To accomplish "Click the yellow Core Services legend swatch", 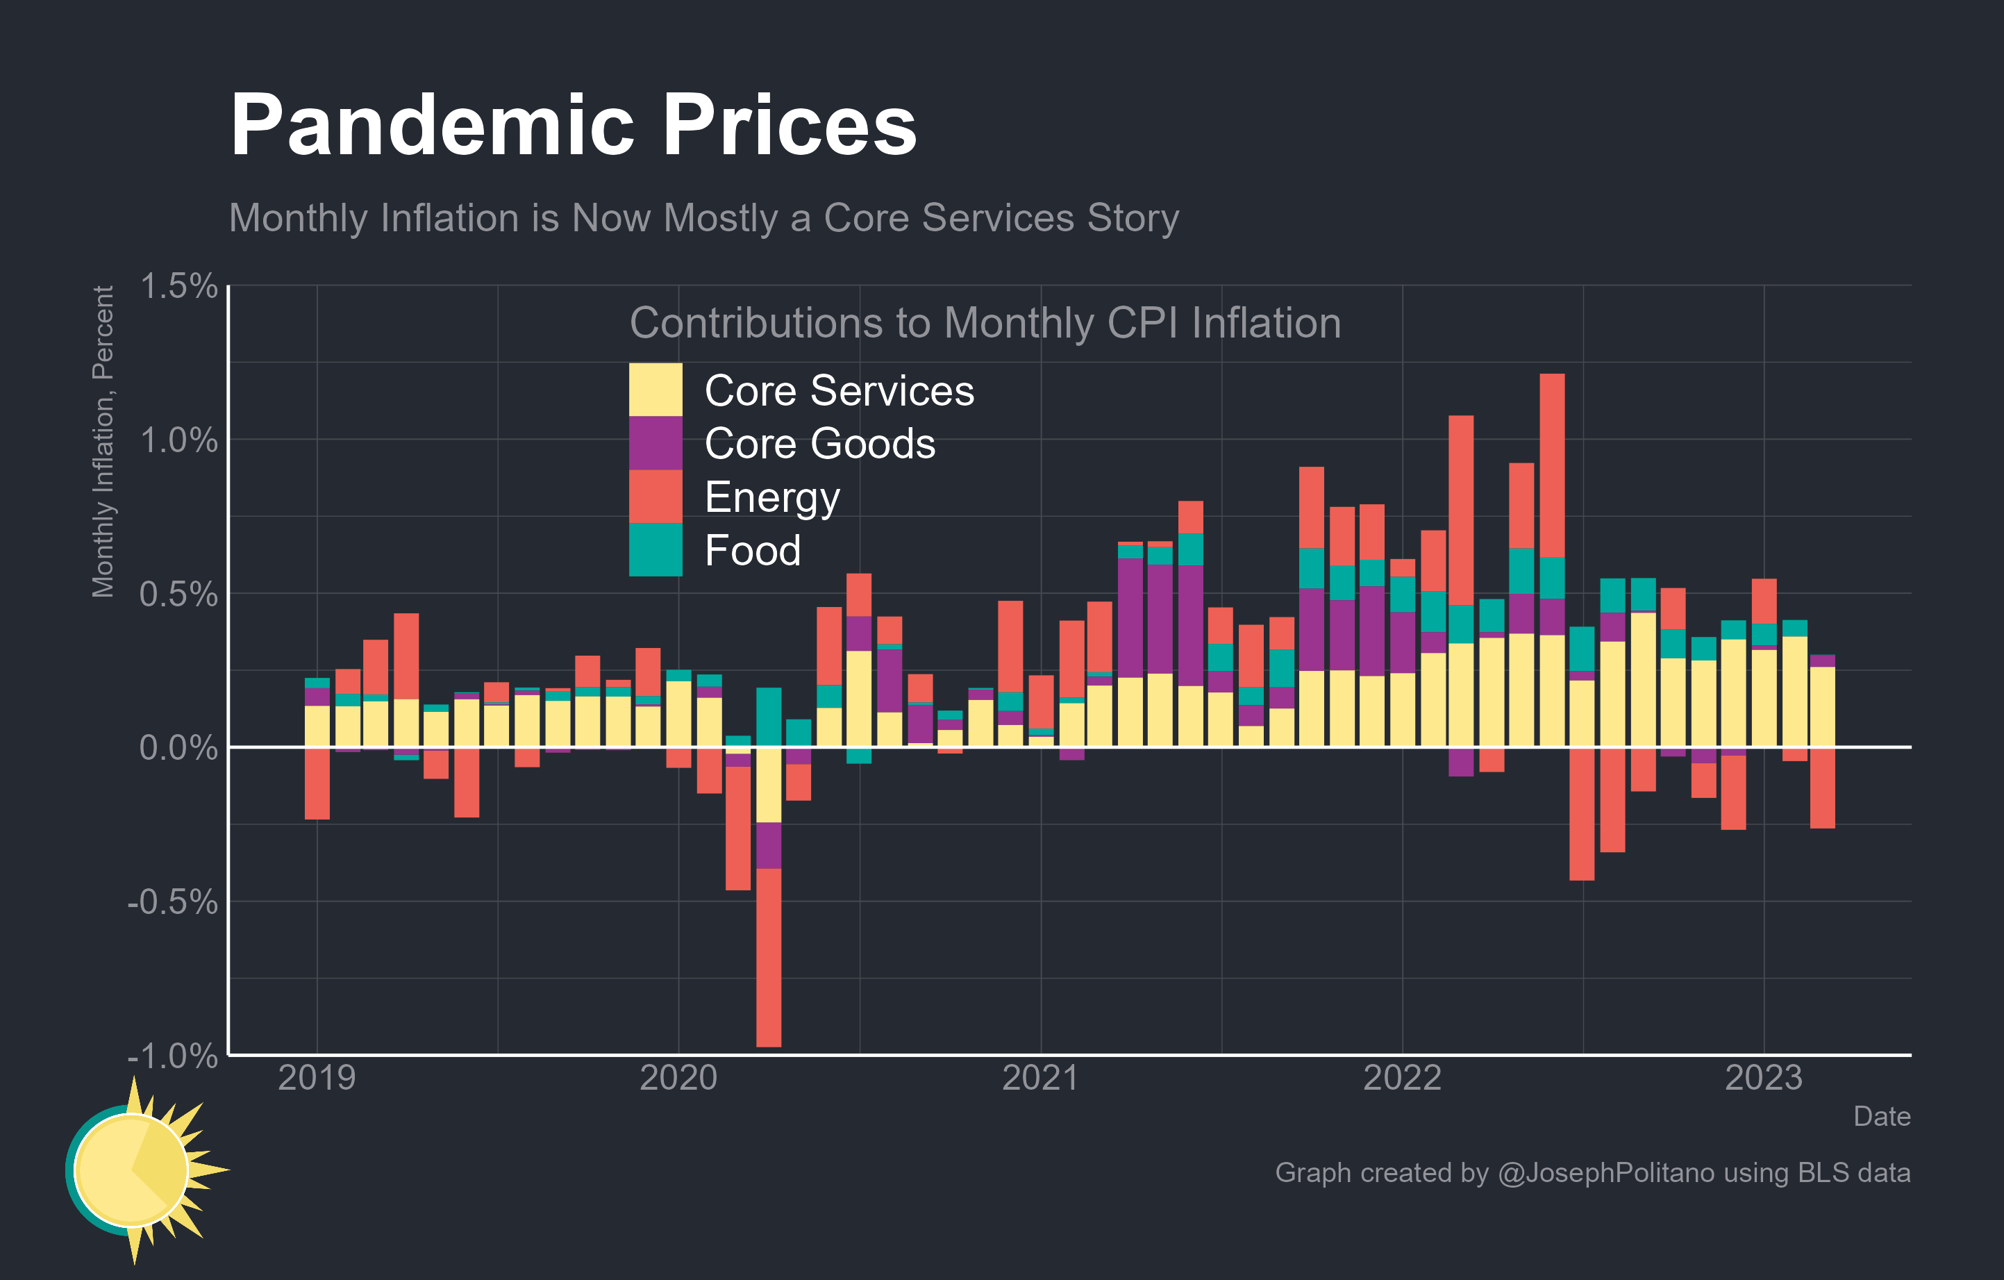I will click(x=655, y=390).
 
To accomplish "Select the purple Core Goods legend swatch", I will click(x=655, y=443).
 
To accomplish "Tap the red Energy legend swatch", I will click(x=655, y=496).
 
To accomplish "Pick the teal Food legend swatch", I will click(x=655, y=549).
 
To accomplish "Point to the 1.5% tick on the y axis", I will click(x=178, y=286).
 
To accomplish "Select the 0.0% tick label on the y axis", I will click(x=178, y=748).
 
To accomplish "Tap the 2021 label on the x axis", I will click(x=1040, y=1078).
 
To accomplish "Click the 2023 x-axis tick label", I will click(x=1764, y=1078).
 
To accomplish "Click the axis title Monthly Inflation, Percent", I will click(x=103, y=441).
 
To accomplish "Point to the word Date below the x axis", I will click(x=1882, y=1116).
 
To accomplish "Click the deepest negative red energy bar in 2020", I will click(x=768, y=957).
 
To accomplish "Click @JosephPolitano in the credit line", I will click(x=1605, y=1172).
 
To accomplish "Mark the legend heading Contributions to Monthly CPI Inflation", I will click(x=985, y=323).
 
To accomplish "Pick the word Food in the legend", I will click(x=752, y=551).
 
